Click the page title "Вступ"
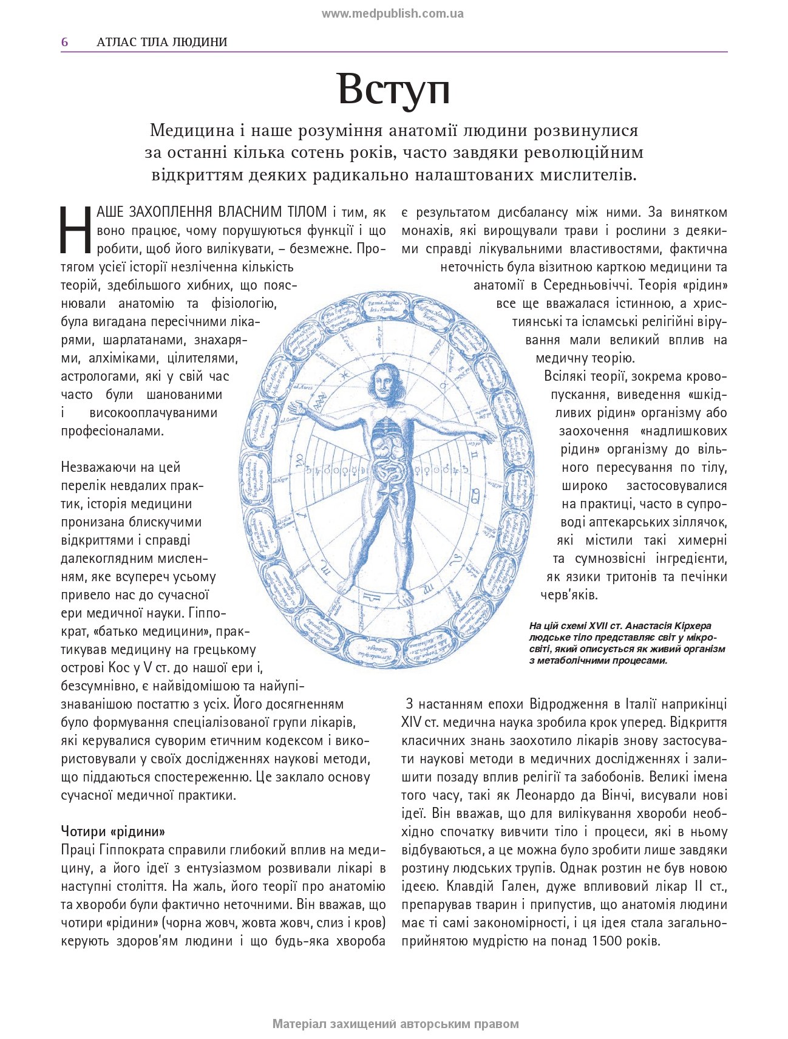click(x=393, y=89)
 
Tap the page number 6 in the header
click(x=64, y=42)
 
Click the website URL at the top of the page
click(x=392, y=13)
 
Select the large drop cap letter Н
click(x=76, y=231)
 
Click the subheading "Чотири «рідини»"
click(x=113, y=831)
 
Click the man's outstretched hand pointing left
click(x=296, y=405)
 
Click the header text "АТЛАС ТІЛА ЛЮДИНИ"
click(x=161, y=42)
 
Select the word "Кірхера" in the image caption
click(x=691, y=625)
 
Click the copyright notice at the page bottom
click(x=395, y=1024)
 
